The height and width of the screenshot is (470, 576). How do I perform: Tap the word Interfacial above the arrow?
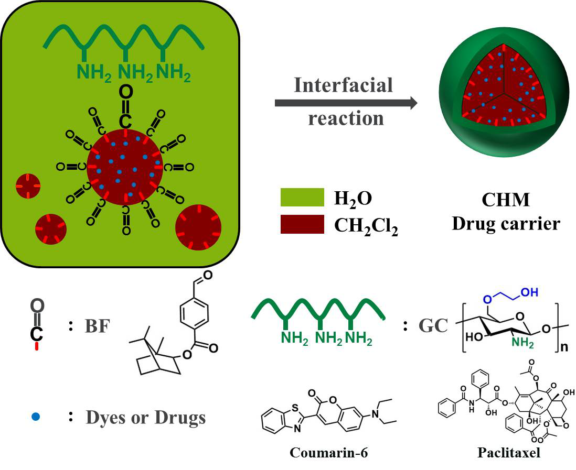(344, 84)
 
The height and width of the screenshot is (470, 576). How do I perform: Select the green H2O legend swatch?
(302, 198)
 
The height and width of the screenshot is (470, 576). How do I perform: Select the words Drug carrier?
(506, 224)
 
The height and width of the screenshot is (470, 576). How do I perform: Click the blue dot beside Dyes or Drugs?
(36, 417)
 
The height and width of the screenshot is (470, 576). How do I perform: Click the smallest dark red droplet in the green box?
(27, 185)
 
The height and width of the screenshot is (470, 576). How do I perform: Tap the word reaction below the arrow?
(346, 118)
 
